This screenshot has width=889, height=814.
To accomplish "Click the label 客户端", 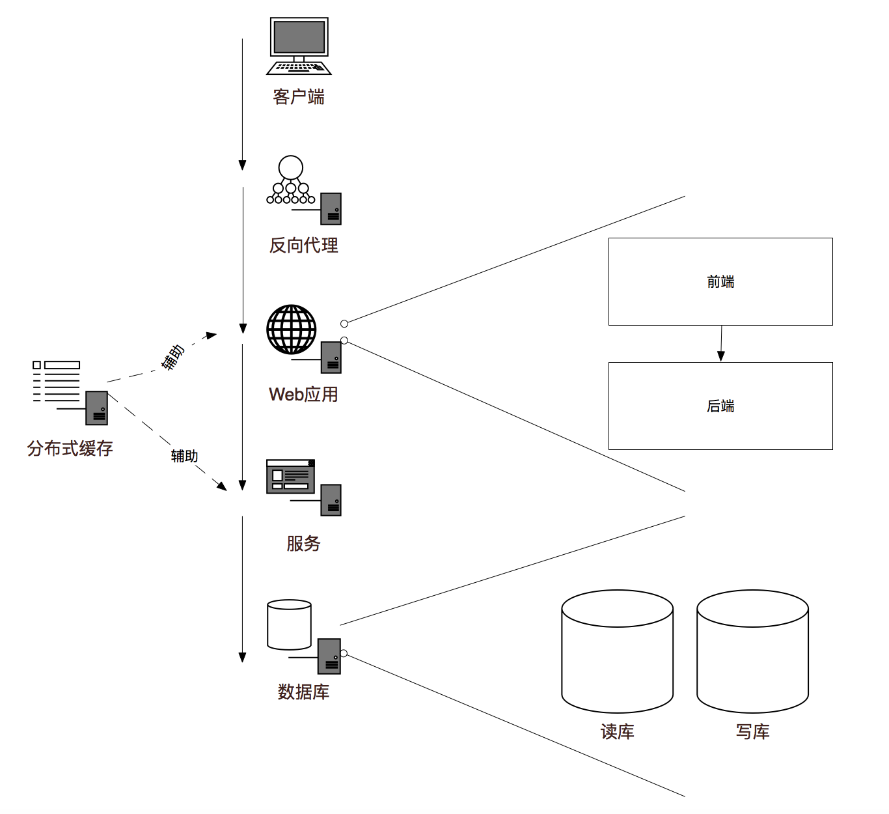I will click(x=299, y=97).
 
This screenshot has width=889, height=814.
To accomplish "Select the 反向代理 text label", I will click(x=304, y=246).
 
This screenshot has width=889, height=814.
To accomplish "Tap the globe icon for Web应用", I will click(x=292, y=330).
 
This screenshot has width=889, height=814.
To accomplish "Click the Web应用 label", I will click(x=303, y=395).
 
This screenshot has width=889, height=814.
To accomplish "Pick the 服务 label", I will click(x=303, y=543).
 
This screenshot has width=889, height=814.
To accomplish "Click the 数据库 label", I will click(x=303, y=692).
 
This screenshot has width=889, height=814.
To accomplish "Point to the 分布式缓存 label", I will click(x=70, y=448).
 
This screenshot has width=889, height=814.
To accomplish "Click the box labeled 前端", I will click(x=720, y=281).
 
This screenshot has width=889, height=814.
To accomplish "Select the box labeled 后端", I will click(x=720, y=406).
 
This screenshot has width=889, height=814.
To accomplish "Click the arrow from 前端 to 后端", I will click(x=721, y=343).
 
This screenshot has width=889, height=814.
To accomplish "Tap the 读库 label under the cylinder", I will click(x=617, y=731).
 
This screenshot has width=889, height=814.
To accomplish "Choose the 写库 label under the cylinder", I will click(x=752, y=731).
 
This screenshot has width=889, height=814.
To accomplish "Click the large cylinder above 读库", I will click(x=617, y=651).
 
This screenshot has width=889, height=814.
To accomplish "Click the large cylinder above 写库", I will click(x=752, y=651).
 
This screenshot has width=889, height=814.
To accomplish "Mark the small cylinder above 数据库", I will click(x=289, y=625).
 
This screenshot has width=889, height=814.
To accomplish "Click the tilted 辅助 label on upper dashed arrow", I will click(x=173, y=358).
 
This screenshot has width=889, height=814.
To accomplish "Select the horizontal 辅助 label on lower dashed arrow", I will click(x=184, y=456).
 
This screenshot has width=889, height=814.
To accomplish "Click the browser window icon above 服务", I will click(x=290, y=477).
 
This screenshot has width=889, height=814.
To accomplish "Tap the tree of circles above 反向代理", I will click(x=291, y=180).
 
